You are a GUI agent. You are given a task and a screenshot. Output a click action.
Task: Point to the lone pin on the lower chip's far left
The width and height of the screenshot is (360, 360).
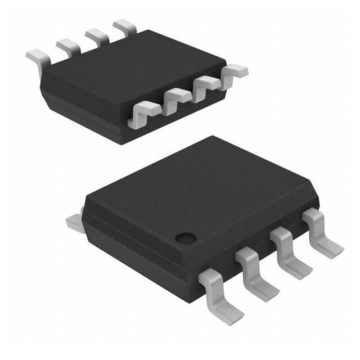click(x=74, y=220)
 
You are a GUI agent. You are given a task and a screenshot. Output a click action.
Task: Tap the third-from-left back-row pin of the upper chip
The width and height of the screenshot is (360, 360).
click(x=96, y=36)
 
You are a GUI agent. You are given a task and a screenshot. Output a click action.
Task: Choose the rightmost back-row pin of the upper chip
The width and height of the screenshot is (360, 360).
click(x=124, y=26)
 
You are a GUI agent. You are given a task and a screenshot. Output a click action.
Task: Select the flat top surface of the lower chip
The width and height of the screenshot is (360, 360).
click(x=202, y=186)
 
